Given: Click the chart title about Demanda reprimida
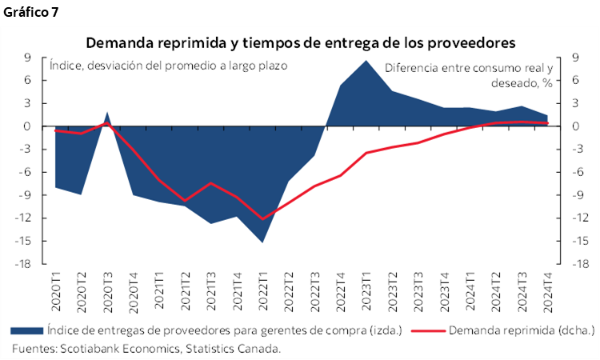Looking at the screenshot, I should pyautogui.click(x=300, y=41).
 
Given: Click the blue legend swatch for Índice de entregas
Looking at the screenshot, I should pyautogui.click(x=26, y=330).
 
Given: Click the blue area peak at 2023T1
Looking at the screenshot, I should pyautogui.click(x=366, y=61).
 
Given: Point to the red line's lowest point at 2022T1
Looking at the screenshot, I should pyautogui.click(x=263, y=218).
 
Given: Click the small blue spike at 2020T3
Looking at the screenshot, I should pyautogui.click(x=108, y=114).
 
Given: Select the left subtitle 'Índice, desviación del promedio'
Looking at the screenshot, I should pyautogui.click(x=168, y=66).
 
